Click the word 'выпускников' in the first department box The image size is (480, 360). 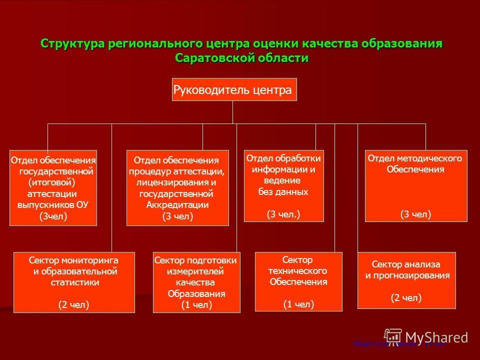point(46,204)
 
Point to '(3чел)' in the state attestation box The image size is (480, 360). point(53,216)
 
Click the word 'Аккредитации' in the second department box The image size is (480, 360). point(177,205)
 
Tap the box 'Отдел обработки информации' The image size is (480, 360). point(283,185)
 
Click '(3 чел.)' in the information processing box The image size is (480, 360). point(283,214)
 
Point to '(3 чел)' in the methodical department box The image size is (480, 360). point(415,214)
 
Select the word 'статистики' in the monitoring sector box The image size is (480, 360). point(74,282)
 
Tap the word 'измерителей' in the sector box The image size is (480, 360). point(195,271)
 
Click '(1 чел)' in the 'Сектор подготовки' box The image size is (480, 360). point(196,304)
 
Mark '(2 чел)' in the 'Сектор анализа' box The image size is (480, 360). point(406,297)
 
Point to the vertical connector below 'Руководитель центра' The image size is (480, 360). point(232,112)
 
